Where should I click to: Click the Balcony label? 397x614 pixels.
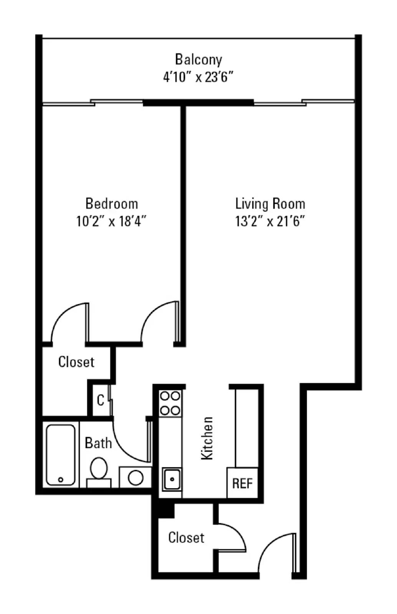[x=198, y=59]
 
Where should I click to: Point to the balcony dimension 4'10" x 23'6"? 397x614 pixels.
[x=198, y=77]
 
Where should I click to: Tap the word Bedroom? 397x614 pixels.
[x=111, y=203]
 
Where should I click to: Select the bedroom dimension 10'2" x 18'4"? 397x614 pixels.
[x=111, y=221]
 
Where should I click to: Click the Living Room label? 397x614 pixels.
[x=270, y=203]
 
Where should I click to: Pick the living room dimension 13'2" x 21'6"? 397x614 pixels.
[x=270, y=221]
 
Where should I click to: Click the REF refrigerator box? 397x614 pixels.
[x=242, y=483]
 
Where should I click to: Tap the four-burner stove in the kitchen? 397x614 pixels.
[x=170, y=403]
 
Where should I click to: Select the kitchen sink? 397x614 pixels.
[x=172, y=479]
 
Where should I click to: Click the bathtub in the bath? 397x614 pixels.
[x=61, y=455]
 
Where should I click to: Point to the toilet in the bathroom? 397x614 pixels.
[x=99, y=470]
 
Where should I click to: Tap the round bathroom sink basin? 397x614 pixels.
[x=136, y=478]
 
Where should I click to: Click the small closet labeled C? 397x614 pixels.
[x=101, y=400]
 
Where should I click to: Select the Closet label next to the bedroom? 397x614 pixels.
[x=76, y=361]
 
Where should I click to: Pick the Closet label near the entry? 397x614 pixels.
[x=186, y=537]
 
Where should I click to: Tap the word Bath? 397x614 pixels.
[x=98, y=443]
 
